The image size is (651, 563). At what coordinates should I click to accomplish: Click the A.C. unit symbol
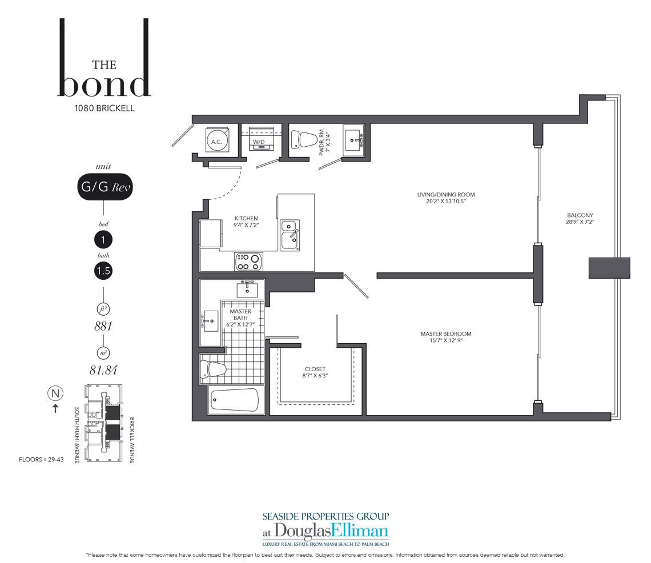(217, 141)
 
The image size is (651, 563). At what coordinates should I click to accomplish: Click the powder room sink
(353, 140)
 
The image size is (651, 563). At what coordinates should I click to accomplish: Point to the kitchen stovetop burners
(248, 262)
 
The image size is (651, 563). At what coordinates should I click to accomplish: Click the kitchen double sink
(290, 235)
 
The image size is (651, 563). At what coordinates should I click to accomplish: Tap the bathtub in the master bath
(235, 400)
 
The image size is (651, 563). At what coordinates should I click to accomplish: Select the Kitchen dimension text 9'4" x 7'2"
(246, 225)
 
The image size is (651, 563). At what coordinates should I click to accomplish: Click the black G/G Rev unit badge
(105, 187)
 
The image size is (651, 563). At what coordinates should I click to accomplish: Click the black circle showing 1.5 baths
(103, 271)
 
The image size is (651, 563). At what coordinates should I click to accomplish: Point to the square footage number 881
(103, 327)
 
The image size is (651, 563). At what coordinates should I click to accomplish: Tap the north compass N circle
(55, 393)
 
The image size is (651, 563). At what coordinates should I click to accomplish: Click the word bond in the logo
(104, 85)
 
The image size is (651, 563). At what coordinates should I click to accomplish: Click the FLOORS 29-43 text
(41, 460)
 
